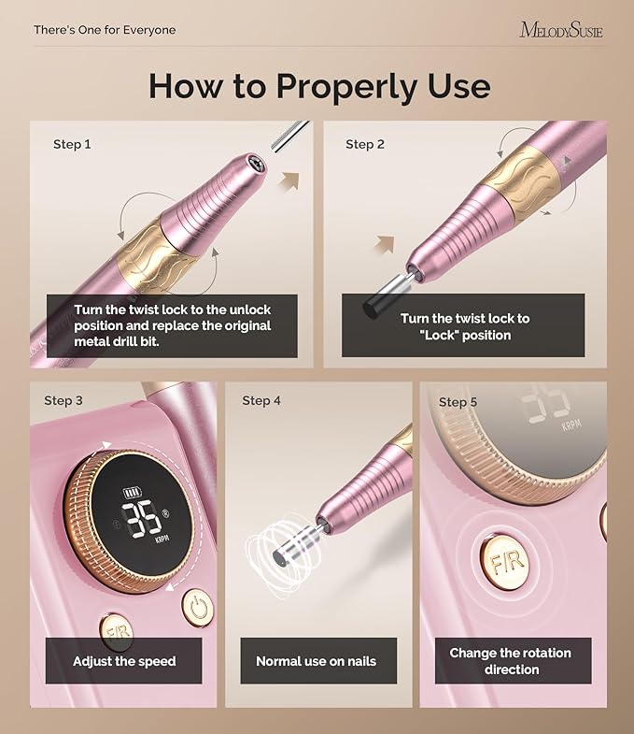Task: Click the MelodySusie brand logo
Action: [x=560, y=30]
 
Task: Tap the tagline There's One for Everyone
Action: [x=105, y=30]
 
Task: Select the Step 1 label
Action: [x=73, y=145]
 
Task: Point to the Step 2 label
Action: [x=365, y=144]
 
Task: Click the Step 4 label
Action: [x=261, y=400]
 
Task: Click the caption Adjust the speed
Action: [x=124, y=661]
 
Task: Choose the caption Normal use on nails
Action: [x=316, y=661]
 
